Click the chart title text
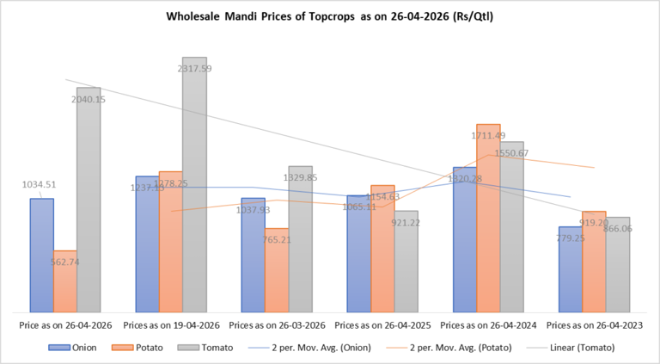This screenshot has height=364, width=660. (x=330, y=16)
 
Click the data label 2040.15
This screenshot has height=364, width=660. (x=89, y=99)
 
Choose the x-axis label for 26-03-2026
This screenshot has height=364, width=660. (x=277, y=325)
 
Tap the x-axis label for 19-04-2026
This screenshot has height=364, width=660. (x=171, y=325)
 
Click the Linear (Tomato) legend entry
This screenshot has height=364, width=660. (x=578, y=348)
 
